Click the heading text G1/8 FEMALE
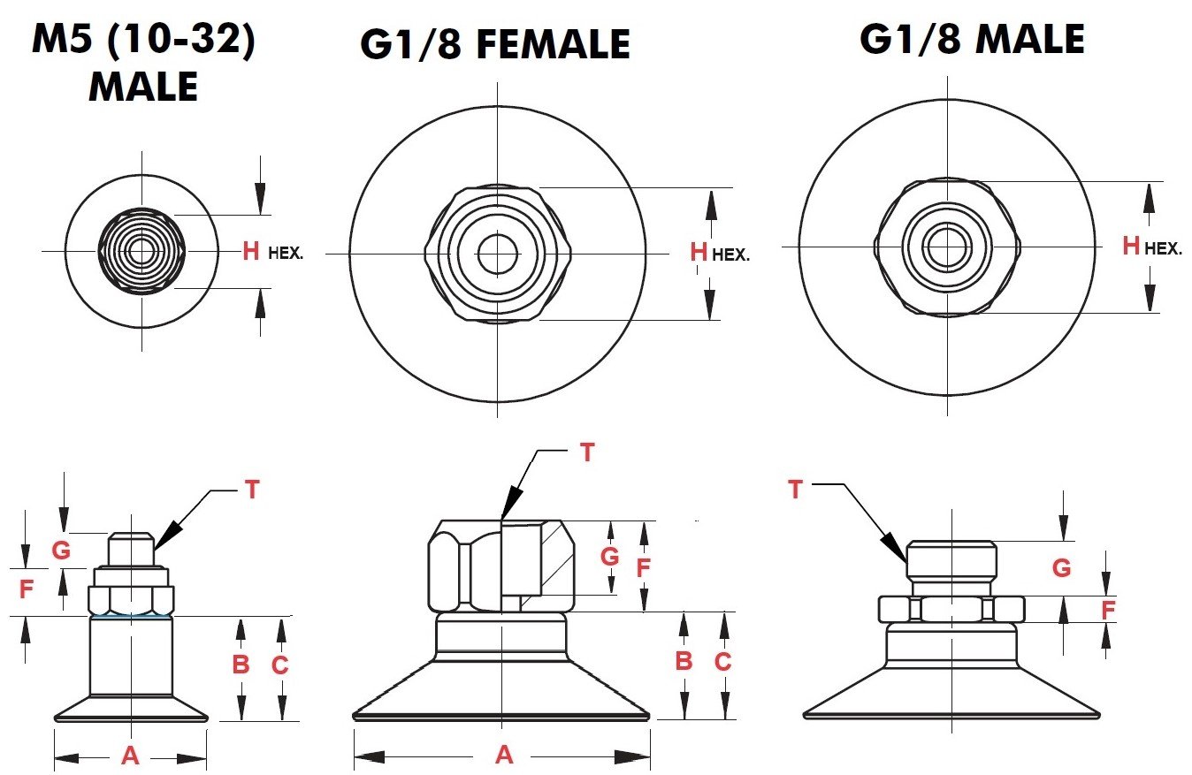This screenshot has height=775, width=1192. (494, 44)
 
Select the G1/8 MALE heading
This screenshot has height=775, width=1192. (972, 40)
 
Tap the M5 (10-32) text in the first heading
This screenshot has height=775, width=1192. (143, 42)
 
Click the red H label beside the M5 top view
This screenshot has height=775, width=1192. (251, 252)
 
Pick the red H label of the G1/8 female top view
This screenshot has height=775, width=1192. (699, 253)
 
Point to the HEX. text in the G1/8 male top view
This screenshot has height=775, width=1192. (1163, 249)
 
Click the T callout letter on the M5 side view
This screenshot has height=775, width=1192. (252, 490)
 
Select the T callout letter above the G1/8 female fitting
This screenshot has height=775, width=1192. (587, 452)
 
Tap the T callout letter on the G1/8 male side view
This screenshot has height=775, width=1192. (795, 490)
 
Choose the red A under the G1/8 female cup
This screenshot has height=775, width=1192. (504, 755)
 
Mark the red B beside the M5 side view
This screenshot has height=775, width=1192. (241, 665)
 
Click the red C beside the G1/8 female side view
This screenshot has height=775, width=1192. (722, 661)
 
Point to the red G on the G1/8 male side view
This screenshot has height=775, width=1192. (1061, 568)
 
